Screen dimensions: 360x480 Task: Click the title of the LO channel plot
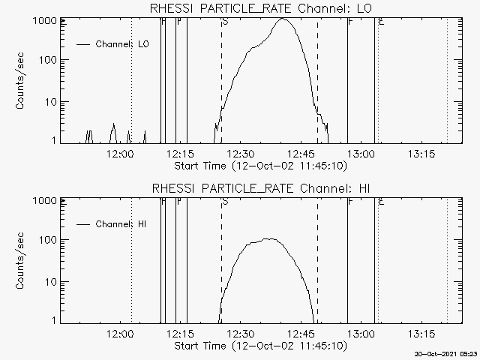[262, 8]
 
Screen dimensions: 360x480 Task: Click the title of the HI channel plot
[262, 187]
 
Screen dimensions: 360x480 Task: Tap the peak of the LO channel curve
[283, 19]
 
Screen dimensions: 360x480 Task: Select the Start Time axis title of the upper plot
[259, 165]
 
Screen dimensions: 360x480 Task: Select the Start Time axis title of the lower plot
[259, 345]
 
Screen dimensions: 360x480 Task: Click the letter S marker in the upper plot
[225, 22]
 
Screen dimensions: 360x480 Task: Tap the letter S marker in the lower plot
[225, 202]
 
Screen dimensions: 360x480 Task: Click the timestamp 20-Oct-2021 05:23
[448, 353]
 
